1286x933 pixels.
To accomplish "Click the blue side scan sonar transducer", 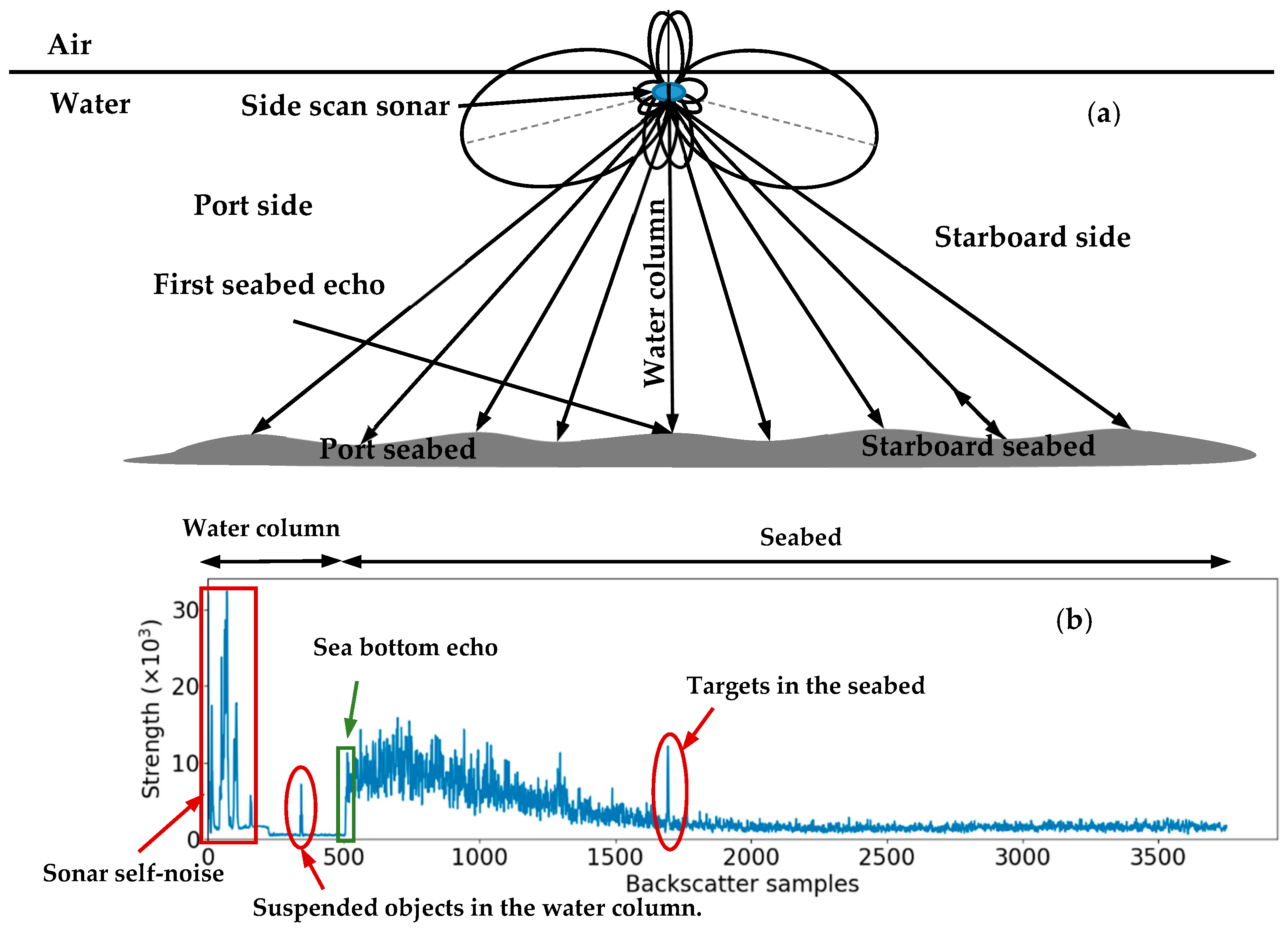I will (x=669, y=91).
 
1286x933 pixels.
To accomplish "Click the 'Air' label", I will (x=69, y=44).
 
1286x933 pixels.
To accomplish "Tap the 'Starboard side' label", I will (x=1032, y=237).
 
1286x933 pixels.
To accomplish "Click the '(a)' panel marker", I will (x=1103, y=114).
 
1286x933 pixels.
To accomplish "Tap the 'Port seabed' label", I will (x=397, y=449).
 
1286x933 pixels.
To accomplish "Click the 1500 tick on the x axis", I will (x=615, y=856).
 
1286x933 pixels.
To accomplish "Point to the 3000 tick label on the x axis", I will (x=1022, y=856).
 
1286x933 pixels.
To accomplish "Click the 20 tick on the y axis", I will (x=185, y=687).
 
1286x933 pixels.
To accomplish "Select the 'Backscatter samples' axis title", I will (x=741, y=884).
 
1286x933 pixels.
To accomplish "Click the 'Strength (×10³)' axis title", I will (x=151, y=709).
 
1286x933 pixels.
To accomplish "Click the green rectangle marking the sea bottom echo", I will (x=345, y=794).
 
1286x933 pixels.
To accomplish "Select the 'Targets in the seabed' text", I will (x=805, y=685).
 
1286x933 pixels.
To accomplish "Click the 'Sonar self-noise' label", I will (x=133, y=873).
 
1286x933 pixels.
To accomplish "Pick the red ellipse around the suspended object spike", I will (x=301, y=807).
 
